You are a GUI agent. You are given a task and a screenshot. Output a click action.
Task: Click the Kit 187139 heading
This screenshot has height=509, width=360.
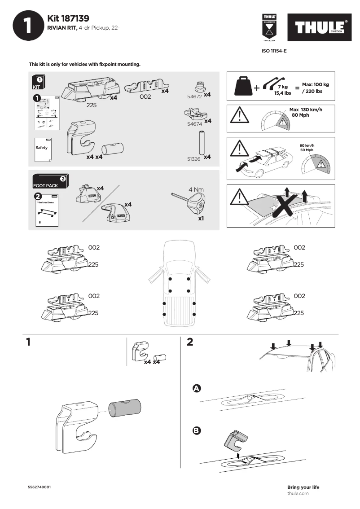pyautogui.click(x=68, y=18)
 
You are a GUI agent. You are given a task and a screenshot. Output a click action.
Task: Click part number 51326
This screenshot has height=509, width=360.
pyautogui.click(x=193, y=158)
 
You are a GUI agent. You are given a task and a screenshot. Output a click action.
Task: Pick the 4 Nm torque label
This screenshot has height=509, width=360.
pyautogui.click(x=196, y=189)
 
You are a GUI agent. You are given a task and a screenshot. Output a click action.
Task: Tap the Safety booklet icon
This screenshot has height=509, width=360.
pyautogui.click(x=43, y=148)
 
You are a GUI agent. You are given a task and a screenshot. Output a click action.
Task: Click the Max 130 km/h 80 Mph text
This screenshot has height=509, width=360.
pyautogui.click(x=306, y=112)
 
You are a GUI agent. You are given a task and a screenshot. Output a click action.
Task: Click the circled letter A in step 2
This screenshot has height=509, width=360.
pyautogui.click(x=196, y=388)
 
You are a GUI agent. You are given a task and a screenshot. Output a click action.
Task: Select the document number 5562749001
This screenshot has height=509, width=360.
pyautogui.click(x=39, y=487)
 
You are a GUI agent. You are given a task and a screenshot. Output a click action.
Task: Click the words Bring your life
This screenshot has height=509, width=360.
pyautogui.click(x=303, y=487)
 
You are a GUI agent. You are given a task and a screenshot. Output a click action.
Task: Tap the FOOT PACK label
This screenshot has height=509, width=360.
pyautogui.click(x=45, y=185)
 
